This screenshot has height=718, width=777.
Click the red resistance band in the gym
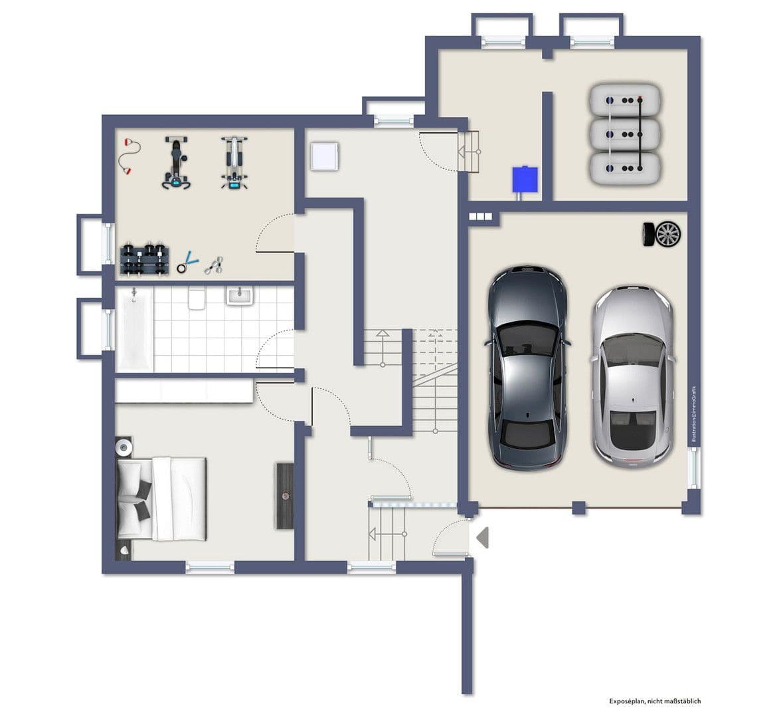126,157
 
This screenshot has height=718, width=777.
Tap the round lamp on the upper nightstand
124,446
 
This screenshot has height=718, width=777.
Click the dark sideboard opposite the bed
285,496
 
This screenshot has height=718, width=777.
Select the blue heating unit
525,179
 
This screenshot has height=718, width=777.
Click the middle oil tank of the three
625,134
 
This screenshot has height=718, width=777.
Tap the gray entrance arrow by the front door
482,537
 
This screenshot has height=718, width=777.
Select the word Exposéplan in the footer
627,701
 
